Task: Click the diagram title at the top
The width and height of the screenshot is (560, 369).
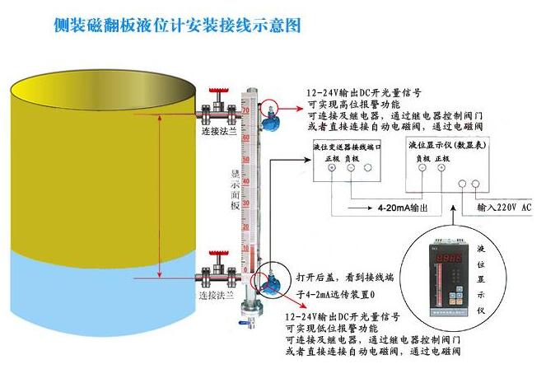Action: pyautogui.click(x=177, y=26)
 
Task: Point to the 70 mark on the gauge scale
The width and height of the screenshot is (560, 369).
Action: pyautogui.click(x=245, y=110)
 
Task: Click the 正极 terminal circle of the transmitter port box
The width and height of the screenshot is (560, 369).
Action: pyautogui.click(x=332, y=167)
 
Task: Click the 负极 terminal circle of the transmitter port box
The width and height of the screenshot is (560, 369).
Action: pyautogui.click(x=350, y=167)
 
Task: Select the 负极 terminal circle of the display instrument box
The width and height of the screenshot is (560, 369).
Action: pyautogui.click(x=422, y=167)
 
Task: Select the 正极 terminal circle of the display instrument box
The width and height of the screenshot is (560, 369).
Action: pyautogui.click(x=441, y=167)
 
